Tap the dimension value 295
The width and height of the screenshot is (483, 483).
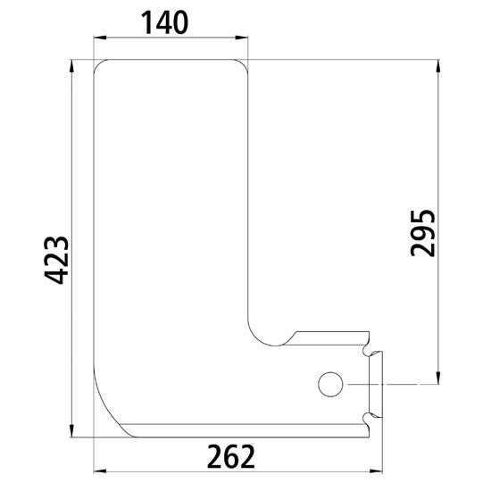click(x=422, y=233)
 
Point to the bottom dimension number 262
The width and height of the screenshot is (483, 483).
click(x=230, y=456)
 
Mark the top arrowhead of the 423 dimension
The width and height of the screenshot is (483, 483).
click(x=72, y=65)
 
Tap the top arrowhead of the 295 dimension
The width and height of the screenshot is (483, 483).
click(x=437, y=65)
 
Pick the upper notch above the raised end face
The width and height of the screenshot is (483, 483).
click(x=368, y=343)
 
